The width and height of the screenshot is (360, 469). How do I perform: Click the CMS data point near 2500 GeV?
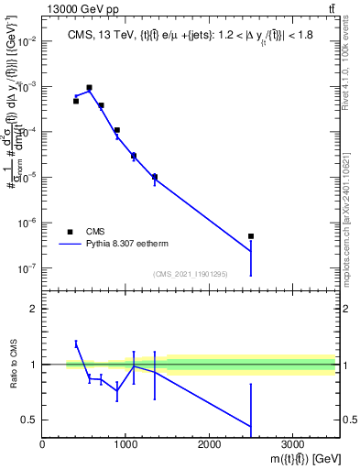click(251, 236)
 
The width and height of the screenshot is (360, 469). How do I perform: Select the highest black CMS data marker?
click(89, 88)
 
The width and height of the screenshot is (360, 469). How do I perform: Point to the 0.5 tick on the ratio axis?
click(29, 420)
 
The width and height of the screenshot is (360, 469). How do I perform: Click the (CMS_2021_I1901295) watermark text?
click(190, 275)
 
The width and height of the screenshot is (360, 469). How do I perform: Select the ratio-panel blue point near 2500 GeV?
click(251, 426)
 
